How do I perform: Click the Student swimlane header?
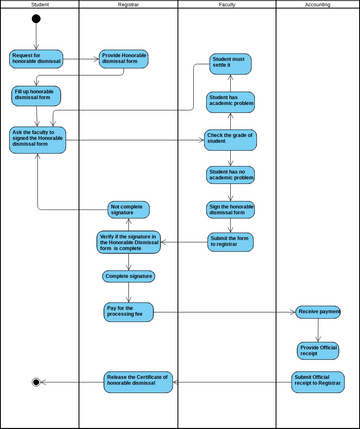(40, 5)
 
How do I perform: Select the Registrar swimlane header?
(128, 5)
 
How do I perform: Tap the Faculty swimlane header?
(227, 5)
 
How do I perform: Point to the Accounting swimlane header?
(317, 5)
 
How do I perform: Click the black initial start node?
(36, 19)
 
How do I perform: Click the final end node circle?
(36, 381)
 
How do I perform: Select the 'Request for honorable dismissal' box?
(36, 59)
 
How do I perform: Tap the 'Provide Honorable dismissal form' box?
(124, 59)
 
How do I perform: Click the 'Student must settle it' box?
(230, 64)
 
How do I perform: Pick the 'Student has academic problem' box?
(230, 101)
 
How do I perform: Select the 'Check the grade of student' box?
(230, 138)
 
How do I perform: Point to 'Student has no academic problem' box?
(230, 175)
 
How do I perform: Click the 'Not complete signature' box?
(129, 210)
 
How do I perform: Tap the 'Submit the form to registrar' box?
(230, 241)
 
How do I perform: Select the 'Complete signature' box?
(129, 276)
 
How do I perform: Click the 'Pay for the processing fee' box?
(129, 312)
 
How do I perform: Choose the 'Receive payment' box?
(319, 312)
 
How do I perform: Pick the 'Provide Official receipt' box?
(319, 350)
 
